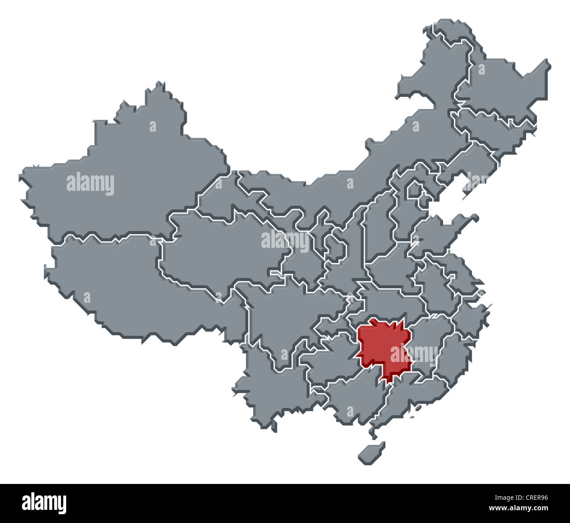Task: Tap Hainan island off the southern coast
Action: click(x=371, y=452)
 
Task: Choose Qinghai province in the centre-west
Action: click(x=219, y=250)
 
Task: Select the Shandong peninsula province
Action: click(x=438, y=233)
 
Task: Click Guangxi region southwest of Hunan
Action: click(x=351, y=395)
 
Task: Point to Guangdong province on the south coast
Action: click(x=412, y=395)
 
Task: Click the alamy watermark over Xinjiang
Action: click(x=90, y=184)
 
